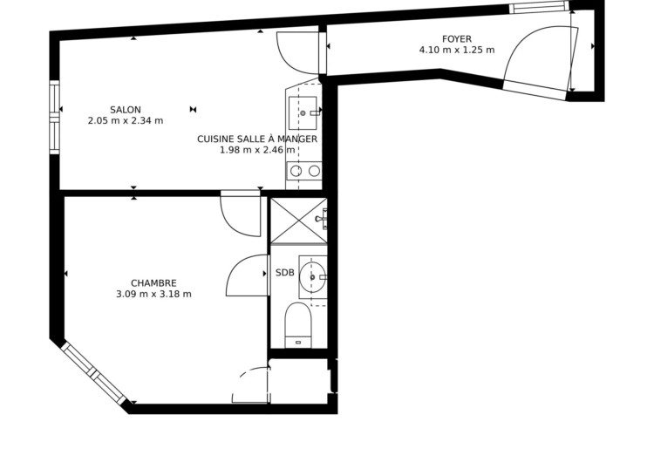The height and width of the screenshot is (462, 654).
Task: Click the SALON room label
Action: click(x=126, y=110)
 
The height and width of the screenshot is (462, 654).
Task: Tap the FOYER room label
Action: click(x=457, y=39)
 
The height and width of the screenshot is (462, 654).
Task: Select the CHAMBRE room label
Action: click(x=153, y=283)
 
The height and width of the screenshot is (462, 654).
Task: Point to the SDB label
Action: click(x=285, y=273)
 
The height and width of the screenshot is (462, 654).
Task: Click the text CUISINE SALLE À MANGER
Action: click(x=257, y=139)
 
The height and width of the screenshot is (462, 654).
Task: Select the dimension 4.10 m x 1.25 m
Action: click(x=457, y=50)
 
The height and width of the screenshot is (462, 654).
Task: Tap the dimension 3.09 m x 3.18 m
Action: click(x=153, y=295)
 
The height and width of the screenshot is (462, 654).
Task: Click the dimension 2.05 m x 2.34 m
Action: click(x=126, y=121)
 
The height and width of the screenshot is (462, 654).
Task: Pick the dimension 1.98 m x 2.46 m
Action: click(x=257, y=150)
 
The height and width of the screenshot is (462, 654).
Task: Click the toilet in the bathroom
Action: click(x=298, y=325)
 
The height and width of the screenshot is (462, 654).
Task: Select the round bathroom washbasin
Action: click(x=312, y=277)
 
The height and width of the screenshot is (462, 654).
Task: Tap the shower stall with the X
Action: click(x=298, y=221)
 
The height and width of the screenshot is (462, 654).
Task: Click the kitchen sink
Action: click(x=303, y=113)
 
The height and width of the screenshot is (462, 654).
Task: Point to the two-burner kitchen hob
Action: click(x=305, y=171)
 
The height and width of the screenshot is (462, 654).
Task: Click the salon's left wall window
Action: click(x=55, y=117)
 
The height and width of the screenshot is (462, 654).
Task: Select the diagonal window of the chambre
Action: click(x=93, y=373)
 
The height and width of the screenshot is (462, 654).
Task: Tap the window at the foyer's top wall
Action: click(x=539, y=7)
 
